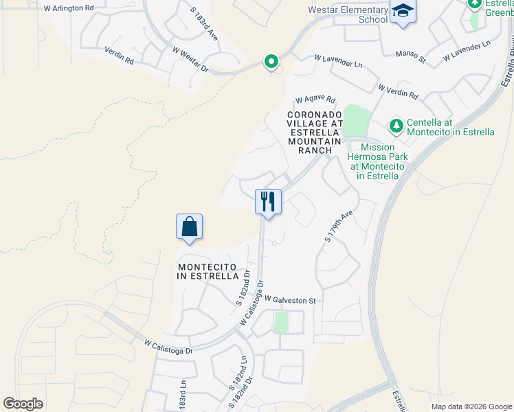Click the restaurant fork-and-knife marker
click(x=268, y=202)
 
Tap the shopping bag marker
click(x=189, y=227)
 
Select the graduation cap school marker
click(x=402, y=11)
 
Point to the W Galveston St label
click(x=288, y=300)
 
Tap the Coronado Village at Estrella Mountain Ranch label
click(x=315, y=132)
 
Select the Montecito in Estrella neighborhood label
click(x=207, y=271)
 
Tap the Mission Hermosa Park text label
click(x=379, y=161)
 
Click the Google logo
click(x=23, y=404)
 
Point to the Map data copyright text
click(x=471, y=407)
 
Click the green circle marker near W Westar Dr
click(x=271, y=62)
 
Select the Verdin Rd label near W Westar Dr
click(x=118, y=56)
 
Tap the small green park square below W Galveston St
click(x=280, y=322)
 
